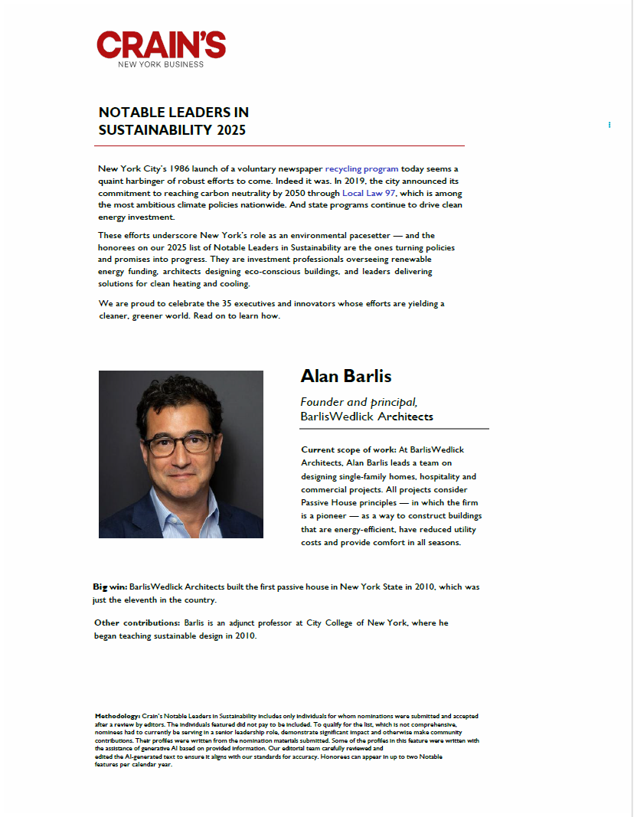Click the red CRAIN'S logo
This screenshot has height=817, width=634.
161,44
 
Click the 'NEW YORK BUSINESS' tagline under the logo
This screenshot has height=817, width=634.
161,64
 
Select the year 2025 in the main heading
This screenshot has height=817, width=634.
231,130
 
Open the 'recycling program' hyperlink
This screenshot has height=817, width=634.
361,168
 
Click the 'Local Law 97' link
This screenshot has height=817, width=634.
368,193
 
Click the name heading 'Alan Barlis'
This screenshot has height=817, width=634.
345,376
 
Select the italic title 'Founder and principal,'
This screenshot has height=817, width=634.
358,402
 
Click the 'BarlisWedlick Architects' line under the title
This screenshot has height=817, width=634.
367,417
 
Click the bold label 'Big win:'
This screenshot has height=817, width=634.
109,587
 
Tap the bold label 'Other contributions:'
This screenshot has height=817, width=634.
136,623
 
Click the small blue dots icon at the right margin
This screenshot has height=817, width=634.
609,124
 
